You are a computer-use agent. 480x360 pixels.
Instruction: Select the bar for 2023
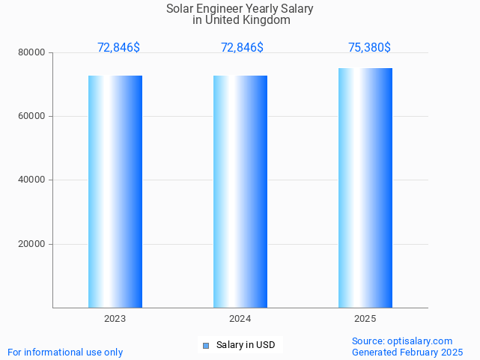pyautogui.click(x=115, y=192)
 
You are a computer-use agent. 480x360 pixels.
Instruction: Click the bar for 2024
pyautogui.click(x=240, y=192)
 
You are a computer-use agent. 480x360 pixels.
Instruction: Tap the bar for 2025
pyautogui.click(x=365, y=188)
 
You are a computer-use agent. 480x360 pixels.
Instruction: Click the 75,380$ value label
pyautogui.click(x=369, y=48)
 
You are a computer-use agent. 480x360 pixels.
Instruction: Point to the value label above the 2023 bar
pyautogui.click(x=118, y=48)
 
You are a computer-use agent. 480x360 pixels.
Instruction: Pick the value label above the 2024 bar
pyautogui.click(x=242, y=48)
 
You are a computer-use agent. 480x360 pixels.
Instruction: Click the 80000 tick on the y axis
pyautogui.click(x=33, y=52)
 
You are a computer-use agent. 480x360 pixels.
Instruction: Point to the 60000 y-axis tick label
pyautogui.click(x=33, y=116)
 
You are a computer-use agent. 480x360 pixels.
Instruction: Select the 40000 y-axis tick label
pyautogui.click(x=33, y=180)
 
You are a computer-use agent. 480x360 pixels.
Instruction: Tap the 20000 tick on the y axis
pyautogui.click(x=33, y=244)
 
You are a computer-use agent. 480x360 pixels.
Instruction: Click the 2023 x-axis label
pyautogui.click(x=115, y=319)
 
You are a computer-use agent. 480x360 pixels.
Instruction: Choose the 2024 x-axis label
pyautogui.click(x=240, y=319)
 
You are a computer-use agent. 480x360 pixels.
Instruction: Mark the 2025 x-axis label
pyautogui.click(x=365, y=319)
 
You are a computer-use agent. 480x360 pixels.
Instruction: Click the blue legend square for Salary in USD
pyautogui.click(x=206, y=345)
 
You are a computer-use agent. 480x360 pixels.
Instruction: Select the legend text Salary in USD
pyautogui.click(x=245, y=345)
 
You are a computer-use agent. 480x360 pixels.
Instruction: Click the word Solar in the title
pyautogui.click(x=180, y=9)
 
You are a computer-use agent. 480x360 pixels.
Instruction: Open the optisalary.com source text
pyautogui.click(x=402, y=341)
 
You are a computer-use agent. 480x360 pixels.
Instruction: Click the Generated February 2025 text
pyautogui.click(x=407, y=353)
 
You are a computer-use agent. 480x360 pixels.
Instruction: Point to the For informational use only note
pyautogui.click(x=65, y=353)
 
